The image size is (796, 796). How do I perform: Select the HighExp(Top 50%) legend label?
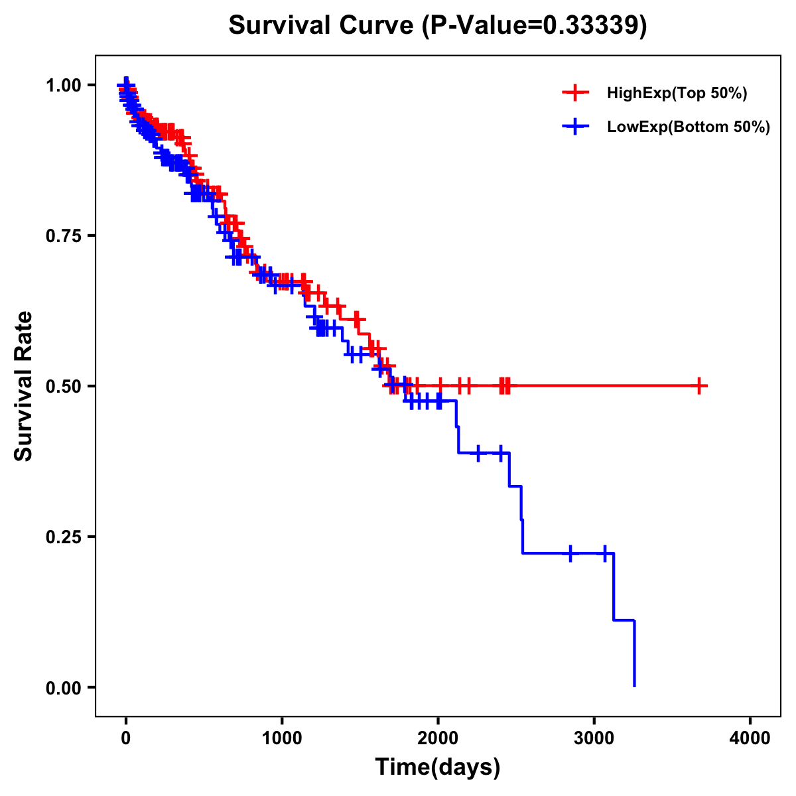pyautogui.click(x=677, y=94)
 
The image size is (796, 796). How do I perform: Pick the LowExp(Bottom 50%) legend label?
pyautogui.click(x=689, y=127)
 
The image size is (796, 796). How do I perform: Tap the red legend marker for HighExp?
pyautogui.click(x=575, y=94)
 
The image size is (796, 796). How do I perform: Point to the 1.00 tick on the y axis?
pyautogui.click(x=63, y=85)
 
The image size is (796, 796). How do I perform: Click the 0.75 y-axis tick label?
pyautogui.click(x=63, y=235)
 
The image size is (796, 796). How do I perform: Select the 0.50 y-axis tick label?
pyautogui.click(x=63, y=386)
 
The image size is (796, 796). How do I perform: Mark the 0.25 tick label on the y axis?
pyautogui.click(x=63, y=537)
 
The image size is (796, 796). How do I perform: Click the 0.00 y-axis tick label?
pyautogui.click(x=63, y=687)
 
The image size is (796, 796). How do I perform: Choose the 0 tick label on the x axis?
pyautogui.click(x=126, y=738)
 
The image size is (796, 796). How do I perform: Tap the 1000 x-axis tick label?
pyautogui.click(x=282, y=738)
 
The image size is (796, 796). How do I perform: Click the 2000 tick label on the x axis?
pyautogui.click(x=438, y=738)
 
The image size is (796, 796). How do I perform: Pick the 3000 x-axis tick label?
pyautogui.click(x=594, y=738)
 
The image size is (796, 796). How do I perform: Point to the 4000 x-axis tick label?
pyautogui.click(x=750, y=738)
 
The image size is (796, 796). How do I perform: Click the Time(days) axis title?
pyautogui.click(x=438, y=767)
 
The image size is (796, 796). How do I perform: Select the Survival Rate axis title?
pyautogui.click(x=24, y=386)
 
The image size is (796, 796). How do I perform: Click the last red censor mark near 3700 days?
pyautogui.click(x=699, y=385)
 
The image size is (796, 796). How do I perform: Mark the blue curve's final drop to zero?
pyautogui.click(x=634, y=657)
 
